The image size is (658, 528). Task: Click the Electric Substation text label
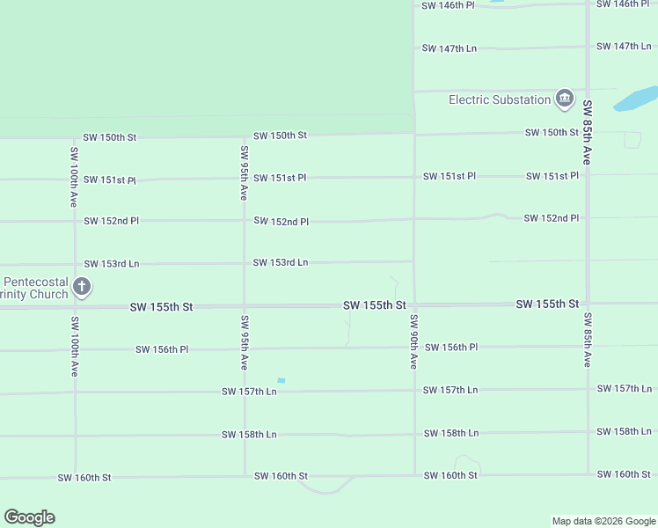(x=500, y=99)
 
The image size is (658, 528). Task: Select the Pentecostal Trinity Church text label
(x=35, y=288)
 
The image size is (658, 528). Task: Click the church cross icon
(x=82, y=286)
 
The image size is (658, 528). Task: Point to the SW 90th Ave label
(x=413, y=341)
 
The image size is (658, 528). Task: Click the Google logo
(x=29, y=517)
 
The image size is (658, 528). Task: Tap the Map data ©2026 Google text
(x=603, y=521)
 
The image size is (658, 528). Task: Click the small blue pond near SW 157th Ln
(x=281, y=380)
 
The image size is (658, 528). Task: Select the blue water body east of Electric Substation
(x=636, y=99)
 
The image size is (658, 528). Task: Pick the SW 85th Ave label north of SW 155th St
(x=587, y=132)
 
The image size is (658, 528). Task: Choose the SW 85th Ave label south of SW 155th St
(x=588, y=340)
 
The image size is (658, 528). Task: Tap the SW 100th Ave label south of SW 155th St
(x=75, y=347)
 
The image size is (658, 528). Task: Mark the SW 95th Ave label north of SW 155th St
(x=244, y=173)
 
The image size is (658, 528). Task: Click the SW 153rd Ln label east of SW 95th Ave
(x=281, y=262)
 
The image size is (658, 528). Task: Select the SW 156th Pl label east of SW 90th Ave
(x=451, y=348)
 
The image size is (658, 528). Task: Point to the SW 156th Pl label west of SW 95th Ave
(x=162, y=349)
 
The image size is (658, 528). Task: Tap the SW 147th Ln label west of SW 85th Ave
(x=450, y=48)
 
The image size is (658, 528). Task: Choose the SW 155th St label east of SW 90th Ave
(x=547, y=304)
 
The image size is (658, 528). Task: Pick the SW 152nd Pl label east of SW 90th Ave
(x=552, y=217)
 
